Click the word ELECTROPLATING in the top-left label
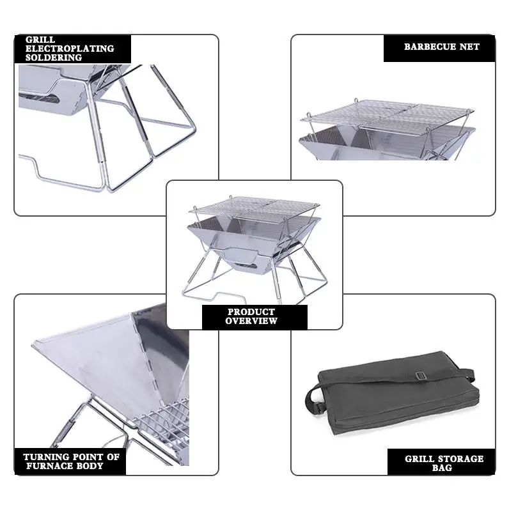click(70, 49)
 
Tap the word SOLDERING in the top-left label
click(54, 58)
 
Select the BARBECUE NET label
click(441, 47)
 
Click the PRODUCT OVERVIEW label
click(251, 316)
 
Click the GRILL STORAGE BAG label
click(444, 463)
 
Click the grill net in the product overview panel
click(254, 205)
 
